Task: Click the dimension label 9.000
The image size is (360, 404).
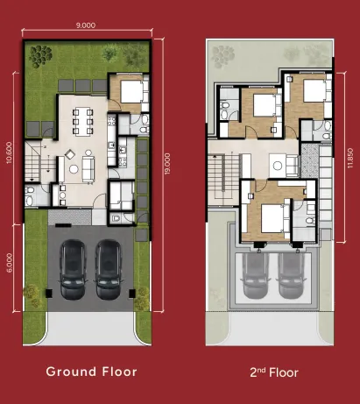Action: click(x=85, y=26)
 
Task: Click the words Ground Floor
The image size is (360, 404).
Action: click(x=92, y=372)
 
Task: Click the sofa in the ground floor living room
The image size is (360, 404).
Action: click(x=88, y=167)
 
